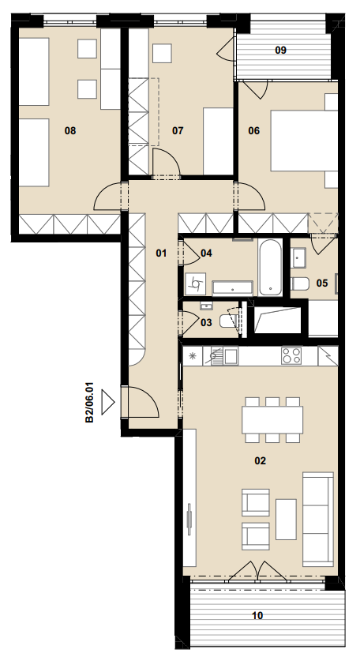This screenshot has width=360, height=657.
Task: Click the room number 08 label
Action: [x=70, y=131]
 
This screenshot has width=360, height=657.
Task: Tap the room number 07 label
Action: [x=178, y=131]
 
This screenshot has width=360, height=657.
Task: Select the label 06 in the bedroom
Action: [x=253, y=131]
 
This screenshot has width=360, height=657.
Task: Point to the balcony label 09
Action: [x=281, y=51]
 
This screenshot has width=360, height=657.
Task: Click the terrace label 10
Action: [x=257, y=615]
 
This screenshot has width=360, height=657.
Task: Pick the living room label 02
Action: [x=261, y=461]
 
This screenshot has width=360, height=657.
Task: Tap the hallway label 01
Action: [x=161, y=253]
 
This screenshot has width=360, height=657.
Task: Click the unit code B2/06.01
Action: [x=89, y=402]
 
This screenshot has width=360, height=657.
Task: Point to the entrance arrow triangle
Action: [x=108, y=403]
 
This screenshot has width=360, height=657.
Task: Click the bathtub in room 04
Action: [x=270, y=268]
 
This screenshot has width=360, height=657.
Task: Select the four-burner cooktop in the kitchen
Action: [x=291, y=356]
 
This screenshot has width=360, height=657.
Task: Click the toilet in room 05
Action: [x=300, y=283]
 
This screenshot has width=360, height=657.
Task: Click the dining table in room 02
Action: [x=272, y=420]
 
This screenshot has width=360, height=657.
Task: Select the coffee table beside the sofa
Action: [x=286, y=519]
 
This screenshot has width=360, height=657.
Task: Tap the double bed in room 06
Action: [x=304, y=141]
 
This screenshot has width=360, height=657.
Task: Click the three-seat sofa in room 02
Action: [x=318, y=519]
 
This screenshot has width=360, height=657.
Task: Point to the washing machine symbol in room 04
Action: [x=195, y=283]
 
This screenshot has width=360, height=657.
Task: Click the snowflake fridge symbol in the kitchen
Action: [x=193, y=356]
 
